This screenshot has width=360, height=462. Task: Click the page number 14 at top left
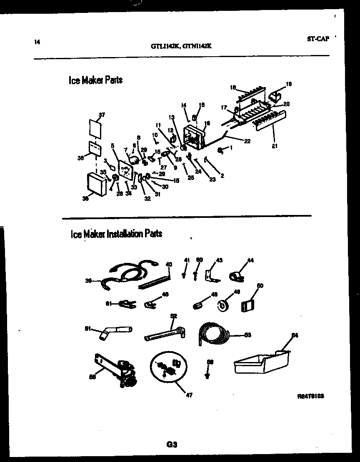click(37, 41)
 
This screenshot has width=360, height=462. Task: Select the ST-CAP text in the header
click(318, 39)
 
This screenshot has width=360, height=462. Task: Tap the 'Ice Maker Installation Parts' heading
click(116, 234)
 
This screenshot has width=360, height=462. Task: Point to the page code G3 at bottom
click(172, 445)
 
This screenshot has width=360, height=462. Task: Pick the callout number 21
click(274, 146)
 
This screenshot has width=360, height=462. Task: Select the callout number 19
click(289, 84)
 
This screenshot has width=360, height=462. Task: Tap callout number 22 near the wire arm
click(247, 141)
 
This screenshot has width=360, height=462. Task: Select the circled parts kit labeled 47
click(167, 367)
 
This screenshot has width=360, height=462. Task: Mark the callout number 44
click(250, 260)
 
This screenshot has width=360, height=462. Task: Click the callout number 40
click(169, 264)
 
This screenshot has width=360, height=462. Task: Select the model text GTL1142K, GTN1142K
click(181, 47)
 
